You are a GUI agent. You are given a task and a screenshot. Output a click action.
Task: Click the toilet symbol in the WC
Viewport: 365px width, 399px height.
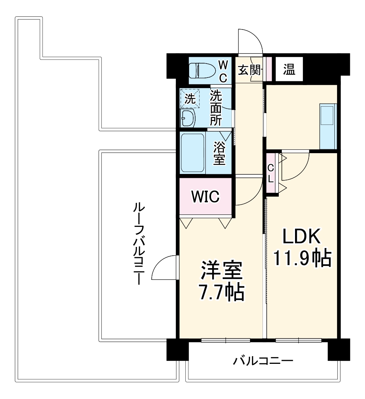click(x=202, y=70)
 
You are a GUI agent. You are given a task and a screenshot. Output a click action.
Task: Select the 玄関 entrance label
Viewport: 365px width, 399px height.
click(x=250, y=70)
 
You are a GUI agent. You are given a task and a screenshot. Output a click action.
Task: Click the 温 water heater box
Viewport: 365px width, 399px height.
click(x=289, y=70)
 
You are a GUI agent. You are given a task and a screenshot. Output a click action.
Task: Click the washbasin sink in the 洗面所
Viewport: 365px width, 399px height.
click(x=188, y=118)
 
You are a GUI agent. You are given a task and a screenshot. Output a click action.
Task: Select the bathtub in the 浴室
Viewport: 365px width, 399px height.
click(x=193, y=152)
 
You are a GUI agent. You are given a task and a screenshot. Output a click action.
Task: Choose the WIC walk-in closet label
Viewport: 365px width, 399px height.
click(x=205, y=197)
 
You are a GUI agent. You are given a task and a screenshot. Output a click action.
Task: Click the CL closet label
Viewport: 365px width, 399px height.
click(x=271, y=174)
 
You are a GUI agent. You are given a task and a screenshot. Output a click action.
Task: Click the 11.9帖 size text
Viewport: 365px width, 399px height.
click(x=302, y=259)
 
